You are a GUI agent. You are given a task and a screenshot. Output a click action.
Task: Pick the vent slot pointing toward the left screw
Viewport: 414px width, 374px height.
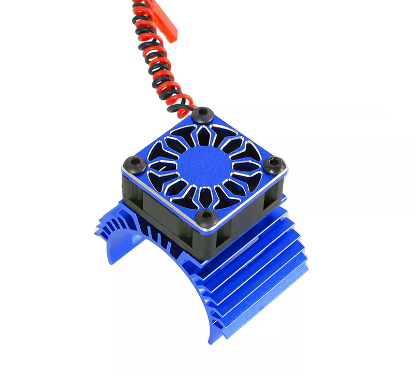coord(160,165)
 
